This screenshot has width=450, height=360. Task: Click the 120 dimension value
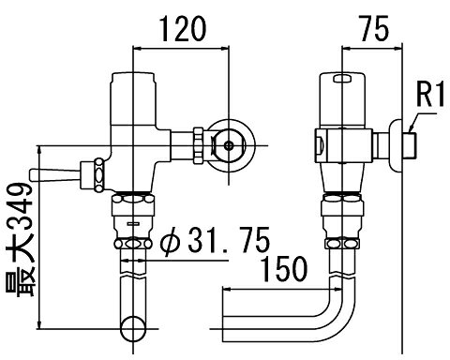[184, 29]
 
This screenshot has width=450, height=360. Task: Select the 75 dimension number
[374, 29]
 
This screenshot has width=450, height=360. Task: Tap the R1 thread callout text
[430, 94]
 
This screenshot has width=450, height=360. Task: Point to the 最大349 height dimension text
[21, 240]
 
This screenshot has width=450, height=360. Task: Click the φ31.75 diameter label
[215, 240]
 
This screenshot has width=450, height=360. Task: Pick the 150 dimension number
[284, 268]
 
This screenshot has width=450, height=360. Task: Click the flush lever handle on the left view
[55, 175]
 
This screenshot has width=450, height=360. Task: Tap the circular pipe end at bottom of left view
[133, 329]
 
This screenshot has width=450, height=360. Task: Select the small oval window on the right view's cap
[342, 79]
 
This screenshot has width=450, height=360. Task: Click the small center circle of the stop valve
[229, 145]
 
